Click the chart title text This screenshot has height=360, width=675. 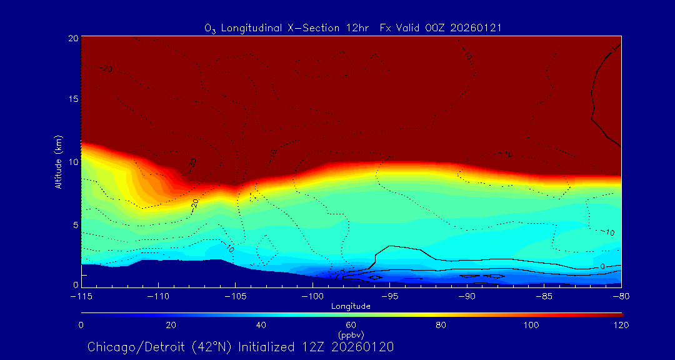pyautogui.click(x=353, y=28)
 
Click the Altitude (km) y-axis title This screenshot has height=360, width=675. pyautogui.click(x=58, y=161)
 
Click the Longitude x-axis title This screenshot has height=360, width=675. pyautogui.click(x=351, y=306)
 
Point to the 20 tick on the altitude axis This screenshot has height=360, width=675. pyautogui.click(x=73, y=38)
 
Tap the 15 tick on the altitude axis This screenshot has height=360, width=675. pyautogui.click(x=73, y=99)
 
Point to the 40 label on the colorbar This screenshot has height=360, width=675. pyautogui.click(x=261, y=325)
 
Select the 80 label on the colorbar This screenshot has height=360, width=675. pyautogui.click(x=442, y=325)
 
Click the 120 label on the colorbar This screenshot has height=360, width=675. pyautogui.click(x=621, y=325)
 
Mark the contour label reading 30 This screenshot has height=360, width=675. pyautogui.click(x=192, y=163)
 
